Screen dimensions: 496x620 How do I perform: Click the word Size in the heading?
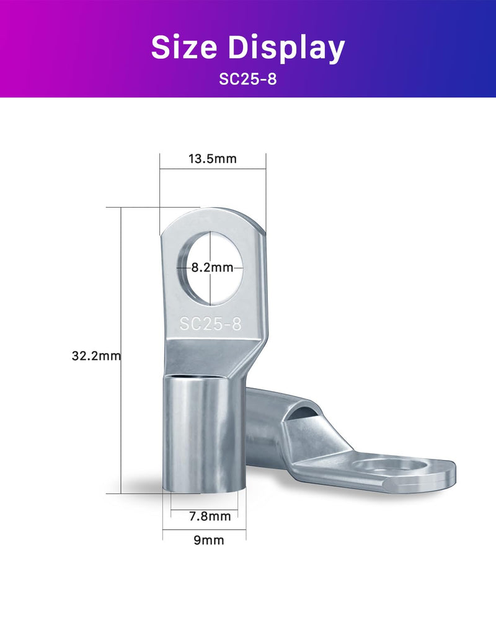(184, 47)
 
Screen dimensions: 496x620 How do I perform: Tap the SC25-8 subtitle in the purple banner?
(248, 79)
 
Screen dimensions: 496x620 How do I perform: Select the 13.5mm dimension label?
(213, 159)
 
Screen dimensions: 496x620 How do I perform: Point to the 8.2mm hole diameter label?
(213, 268)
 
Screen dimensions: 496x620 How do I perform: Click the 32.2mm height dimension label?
(96, 356)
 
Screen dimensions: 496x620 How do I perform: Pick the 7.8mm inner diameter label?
(210, 516)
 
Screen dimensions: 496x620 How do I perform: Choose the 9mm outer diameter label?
(209, 540)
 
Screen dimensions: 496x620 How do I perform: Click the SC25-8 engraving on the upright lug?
(210, 324)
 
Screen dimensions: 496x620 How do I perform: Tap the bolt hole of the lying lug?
(389, 466)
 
